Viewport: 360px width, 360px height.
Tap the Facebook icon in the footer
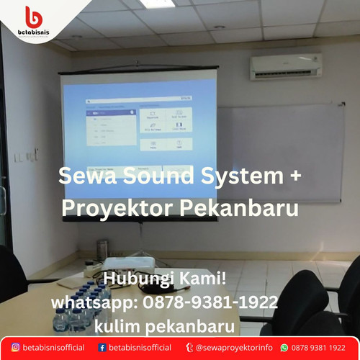coord(102,347)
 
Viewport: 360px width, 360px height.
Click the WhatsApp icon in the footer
coord(284,347)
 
